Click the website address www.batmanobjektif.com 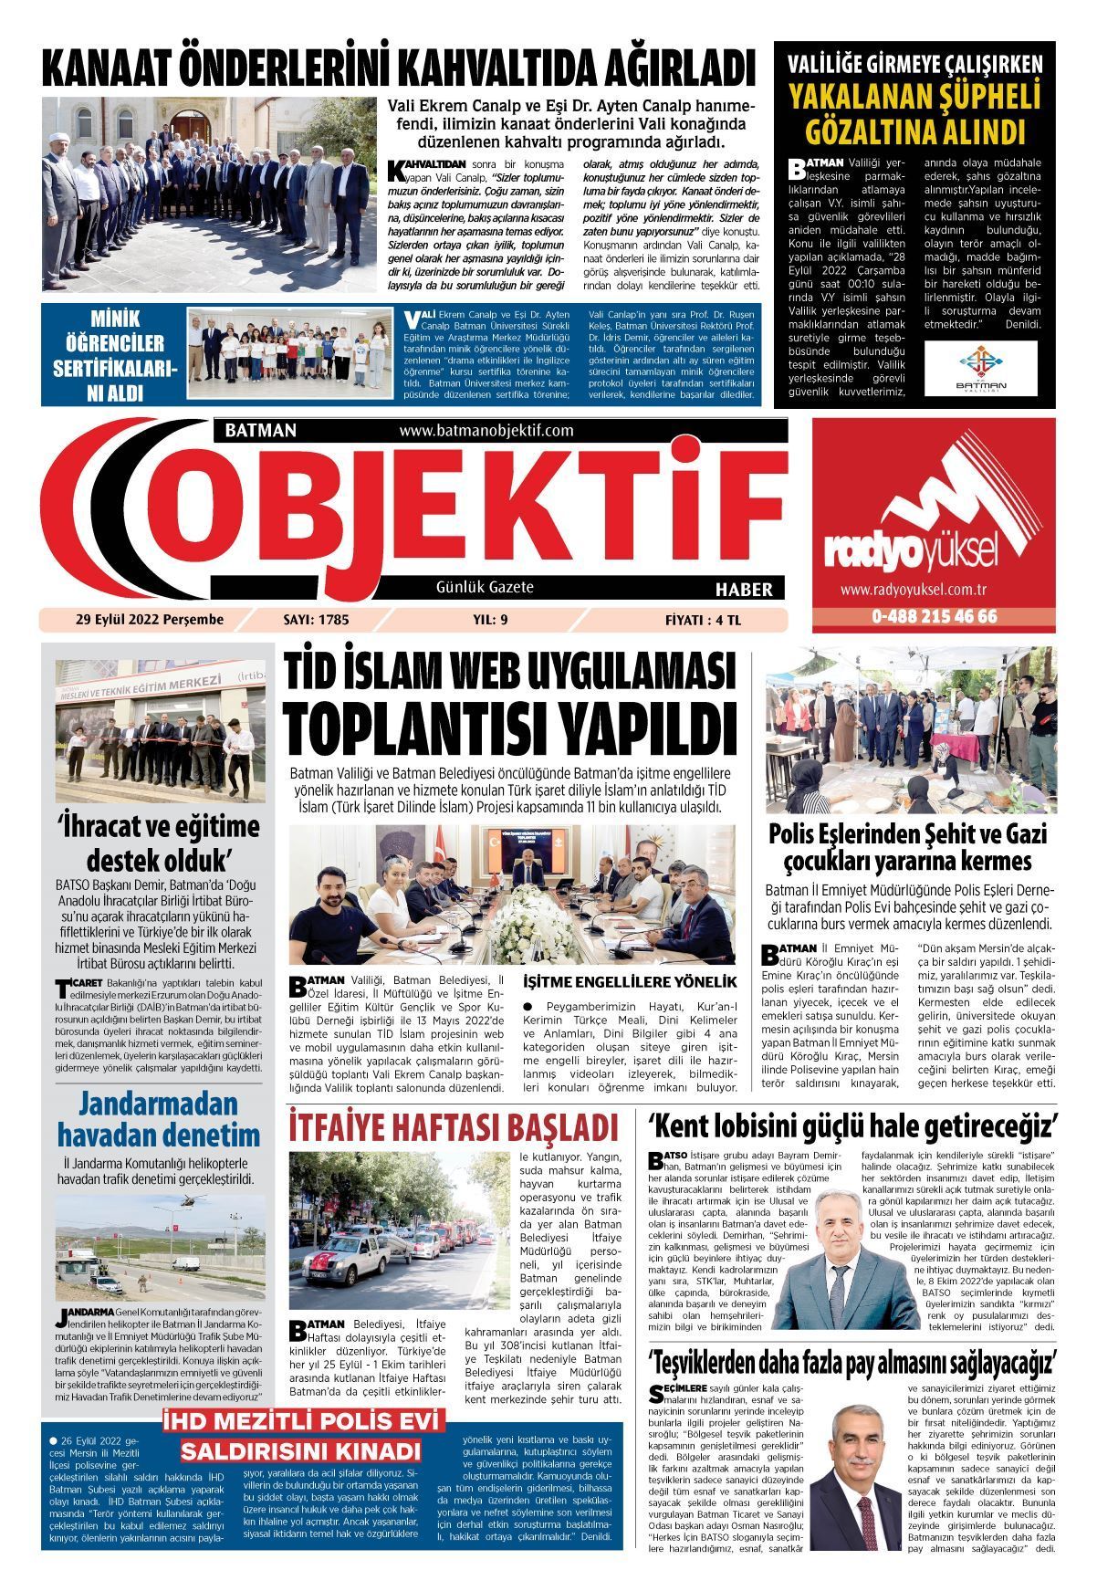(486, 430)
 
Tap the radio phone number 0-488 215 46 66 (934, 616)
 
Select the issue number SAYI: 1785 (316, 620)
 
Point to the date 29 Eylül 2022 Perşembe (150, 620)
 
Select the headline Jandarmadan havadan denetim (159, 1119)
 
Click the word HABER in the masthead (744, 589)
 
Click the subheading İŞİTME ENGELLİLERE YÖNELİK (629, 982)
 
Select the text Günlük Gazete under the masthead (485, 587)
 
